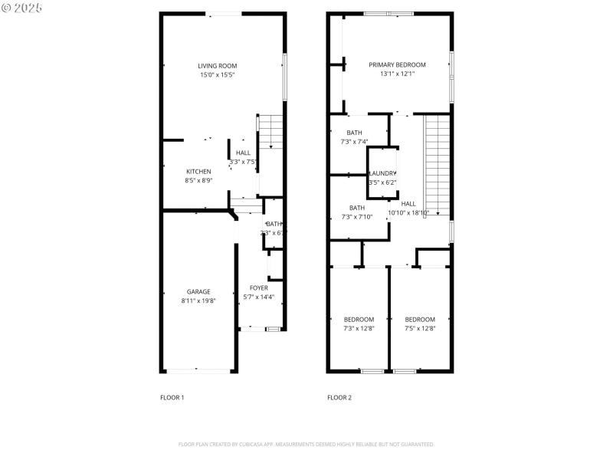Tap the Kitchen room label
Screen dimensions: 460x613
(198, 171)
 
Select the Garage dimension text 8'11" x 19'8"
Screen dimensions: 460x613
(198, 301)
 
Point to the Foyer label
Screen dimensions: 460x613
(258, 287)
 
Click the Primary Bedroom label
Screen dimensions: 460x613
(397, 65)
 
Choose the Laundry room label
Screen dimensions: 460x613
(382, 173)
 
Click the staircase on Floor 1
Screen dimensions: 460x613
(270, 133)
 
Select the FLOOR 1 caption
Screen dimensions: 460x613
(172, 397)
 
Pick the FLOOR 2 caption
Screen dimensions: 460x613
(339, 397)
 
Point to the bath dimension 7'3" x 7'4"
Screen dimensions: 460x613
(354, 142)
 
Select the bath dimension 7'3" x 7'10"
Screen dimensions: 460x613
(356, 217)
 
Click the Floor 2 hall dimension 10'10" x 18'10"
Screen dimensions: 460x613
(408, 213)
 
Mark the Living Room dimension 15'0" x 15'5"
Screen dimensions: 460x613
(217, 75)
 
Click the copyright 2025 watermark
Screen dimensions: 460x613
(22, 7)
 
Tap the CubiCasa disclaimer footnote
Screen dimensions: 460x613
(306, 445)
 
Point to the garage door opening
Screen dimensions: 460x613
(198, 370)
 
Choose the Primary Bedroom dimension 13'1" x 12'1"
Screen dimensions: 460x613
(397, 74)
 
